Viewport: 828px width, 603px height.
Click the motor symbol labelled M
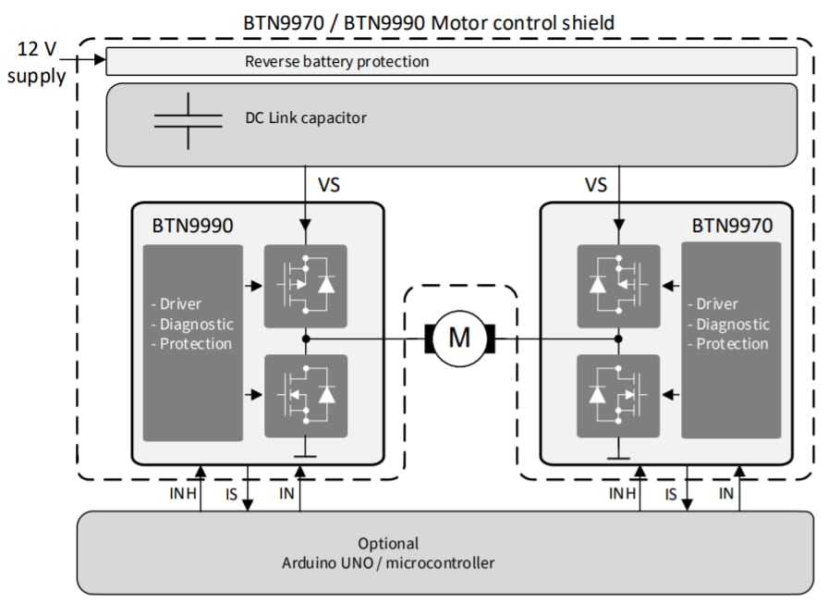click(x=459, y=338)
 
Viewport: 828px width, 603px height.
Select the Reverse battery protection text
click(x=336, y=62)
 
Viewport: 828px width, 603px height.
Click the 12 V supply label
click(x=37, y=62)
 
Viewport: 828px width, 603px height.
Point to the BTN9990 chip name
click(x=192, y=225)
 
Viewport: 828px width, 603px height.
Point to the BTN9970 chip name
click(x=732, y=225)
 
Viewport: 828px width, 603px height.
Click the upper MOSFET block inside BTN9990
click(x=306, y=286)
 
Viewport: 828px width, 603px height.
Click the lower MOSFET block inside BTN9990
click(x=306, y=396)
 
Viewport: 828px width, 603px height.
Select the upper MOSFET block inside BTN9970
click(x=617, y=286)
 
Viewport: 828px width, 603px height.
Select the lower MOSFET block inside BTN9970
click(x=617, y=396)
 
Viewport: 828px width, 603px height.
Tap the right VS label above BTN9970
click(x=596, y=185)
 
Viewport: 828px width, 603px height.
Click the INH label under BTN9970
click(x=622, y=494)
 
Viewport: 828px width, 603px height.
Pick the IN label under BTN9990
click(x=286, y=494)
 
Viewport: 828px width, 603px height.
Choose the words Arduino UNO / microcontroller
click(x=388, y=562)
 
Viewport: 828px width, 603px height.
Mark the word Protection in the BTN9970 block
click(x=732, y=343)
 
